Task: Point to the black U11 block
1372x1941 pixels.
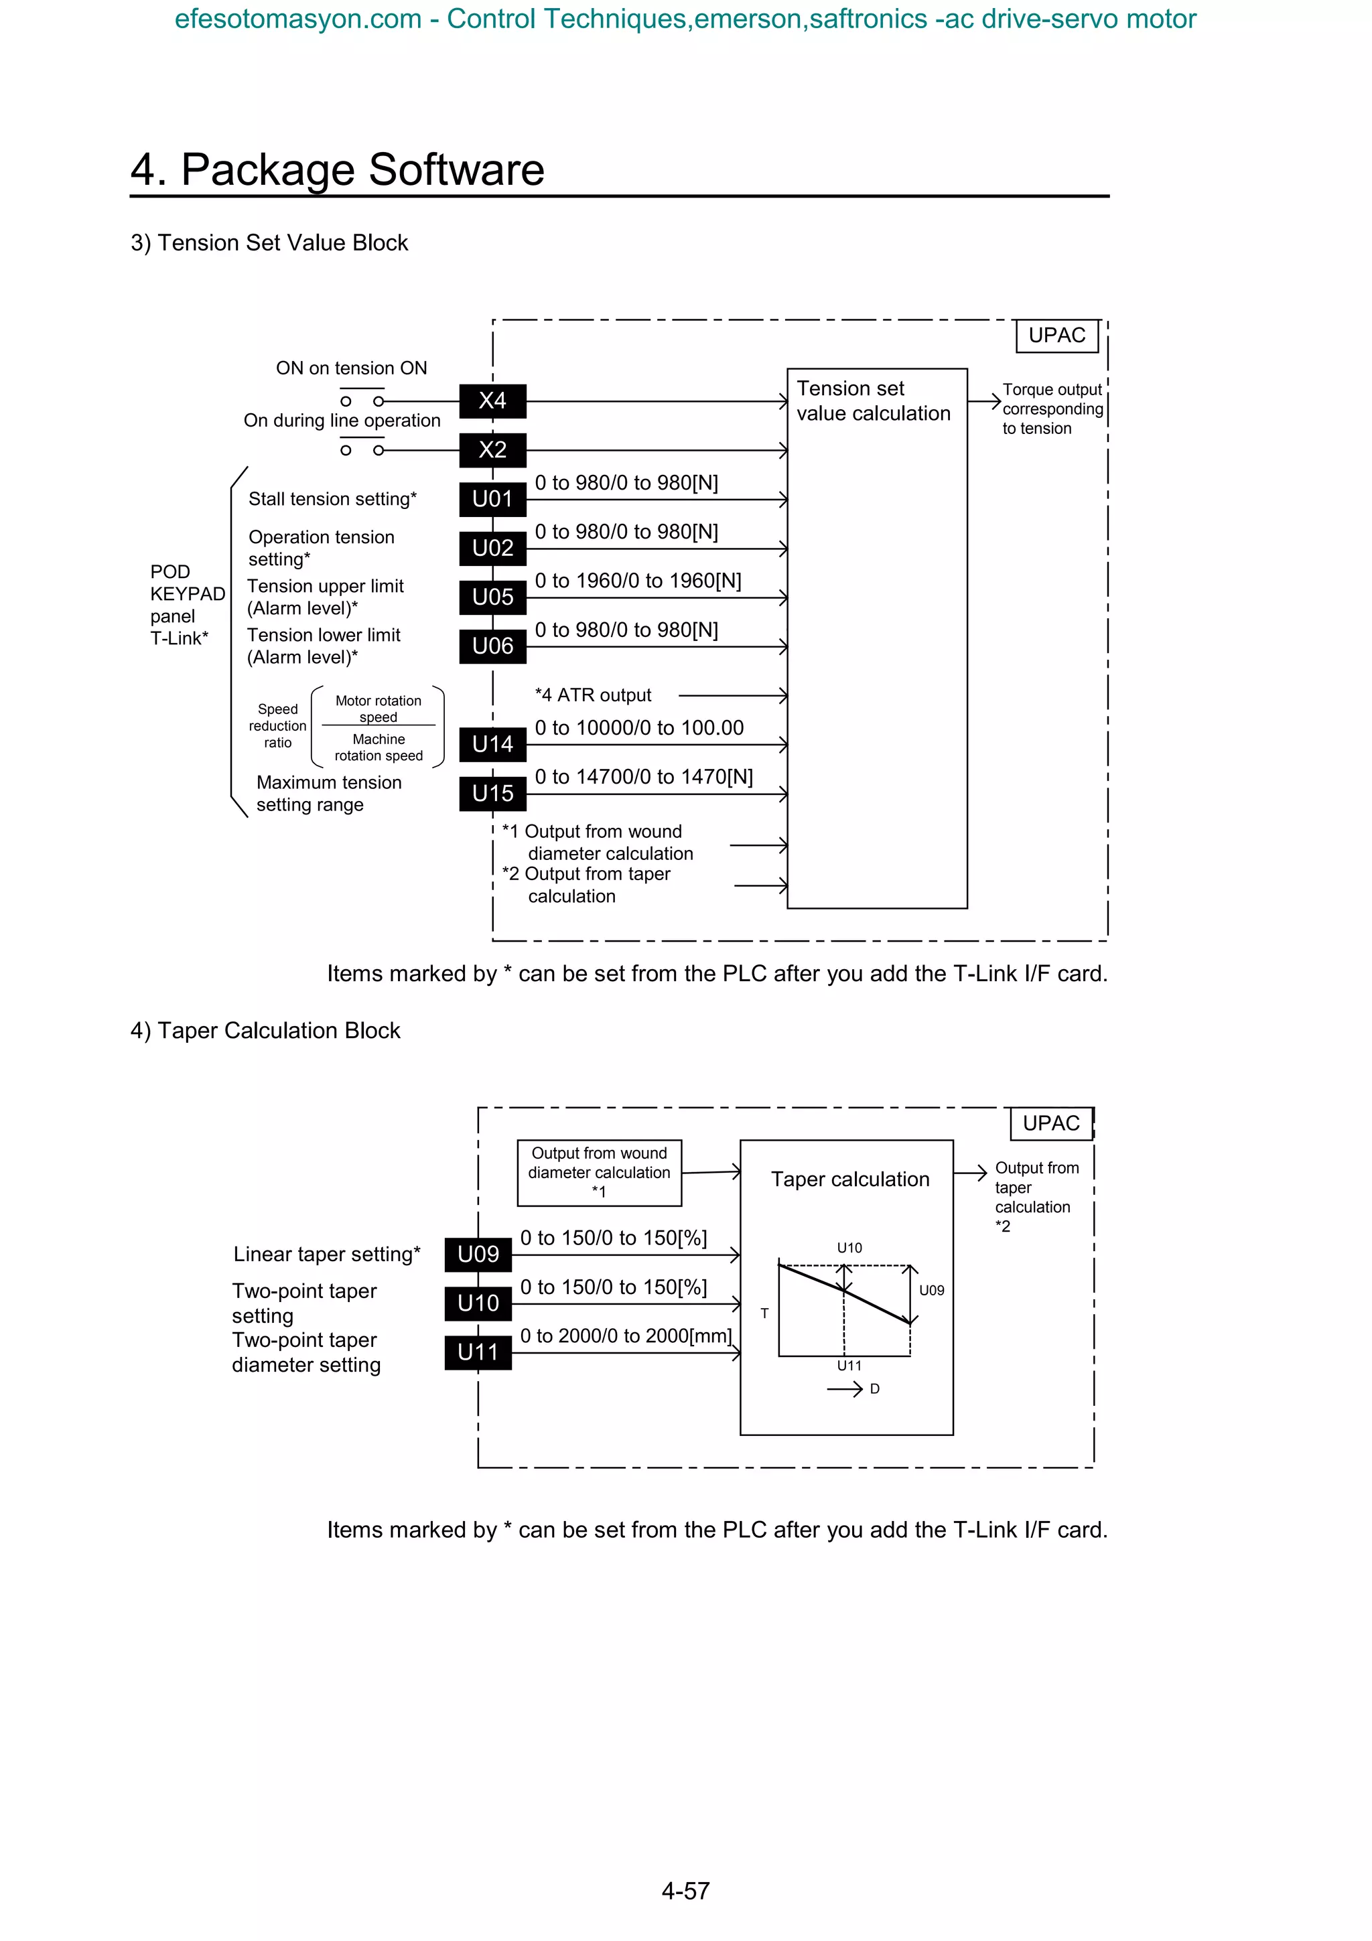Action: point(478,1352)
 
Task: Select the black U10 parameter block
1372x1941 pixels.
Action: point(478,1303)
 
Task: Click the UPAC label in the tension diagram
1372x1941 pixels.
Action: point(1056,336)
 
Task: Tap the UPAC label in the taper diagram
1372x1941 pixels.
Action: point(1050,1123)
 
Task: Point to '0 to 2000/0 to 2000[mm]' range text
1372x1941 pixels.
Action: point(626,1336)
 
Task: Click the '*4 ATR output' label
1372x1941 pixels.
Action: point(593,695)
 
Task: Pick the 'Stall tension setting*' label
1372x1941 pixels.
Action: point(332,499)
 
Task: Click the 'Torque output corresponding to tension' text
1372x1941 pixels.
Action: point(1052,409)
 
